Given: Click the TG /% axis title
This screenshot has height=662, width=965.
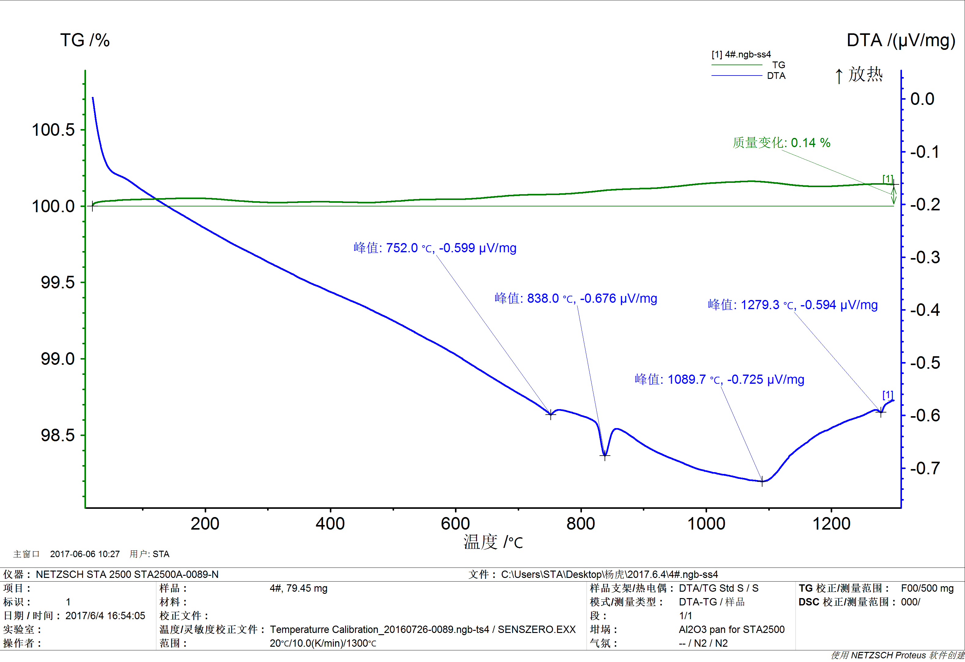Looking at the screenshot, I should (85, 41).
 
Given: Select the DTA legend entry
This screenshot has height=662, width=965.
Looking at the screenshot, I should (776, 76).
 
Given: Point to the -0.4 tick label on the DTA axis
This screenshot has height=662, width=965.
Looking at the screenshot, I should (925, 310).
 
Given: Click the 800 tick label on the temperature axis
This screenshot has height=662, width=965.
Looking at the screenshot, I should (580, 524).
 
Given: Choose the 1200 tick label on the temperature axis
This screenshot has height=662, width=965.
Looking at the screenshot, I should (831, 524).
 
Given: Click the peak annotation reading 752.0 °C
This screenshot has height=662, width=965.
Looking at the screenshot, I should (435, 248).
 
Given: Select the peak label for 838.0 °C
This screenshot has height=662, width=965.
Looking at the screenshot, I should (576, 298).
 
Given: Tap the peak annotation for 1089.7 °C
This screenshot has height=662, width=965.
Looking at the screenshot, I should (719, 379).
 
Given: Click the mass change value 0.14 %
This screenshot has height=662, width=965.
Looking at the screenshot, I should (781, 143).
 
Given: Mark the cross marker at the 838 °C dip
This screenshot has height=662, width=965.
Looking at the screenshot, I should (605, 456).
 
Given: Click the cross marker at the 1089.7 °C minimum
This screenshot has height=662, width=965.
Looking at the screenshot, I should (762, 482).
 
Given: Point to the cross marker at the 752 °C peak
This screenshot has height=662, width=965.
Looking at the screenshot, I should (551, 414).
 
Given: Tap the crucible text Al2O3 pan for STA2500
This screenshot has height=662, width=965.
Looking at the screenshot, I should (731, 630).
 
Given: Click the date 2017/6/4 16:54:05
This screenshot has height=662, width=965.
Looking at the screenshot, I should (105, 616).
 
